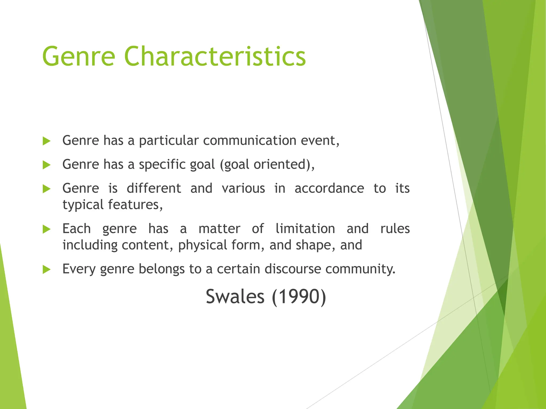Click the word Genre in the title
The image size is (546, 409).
(79, 56)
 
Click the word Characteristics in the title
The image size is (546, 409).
(215, 56)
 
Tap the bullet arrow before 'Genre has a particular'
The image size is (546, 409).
(47, 141)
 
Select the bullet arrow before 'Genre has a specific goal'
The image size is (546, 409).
(47, 165)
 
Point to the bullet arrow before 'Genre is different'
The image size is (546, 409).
(47, 189)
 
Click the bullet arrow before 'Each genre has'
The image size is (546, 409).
(47, 229)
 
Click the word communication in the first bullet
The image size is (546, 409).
(250, 140)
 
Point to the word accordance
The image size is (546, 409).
(329, 189)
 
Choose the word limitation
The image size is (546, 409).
(305, 229)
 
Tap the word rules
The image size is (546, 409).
(395, 229)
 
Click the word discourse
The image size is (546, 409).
(292, 269)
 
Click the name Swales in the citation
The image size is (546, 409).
(235, 296)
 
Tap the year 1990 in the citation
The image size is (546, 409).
(299, 296)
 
